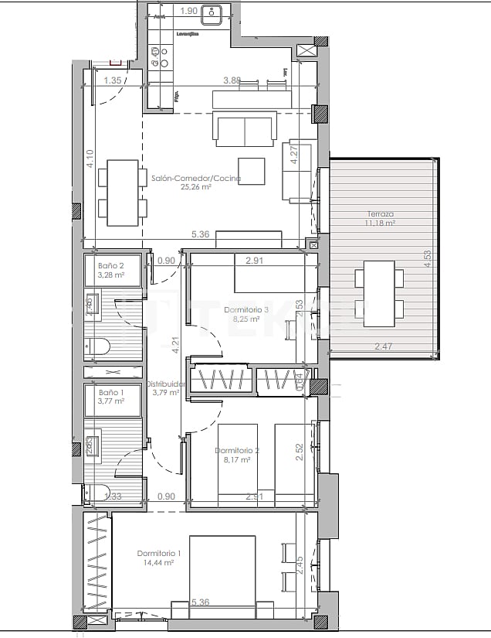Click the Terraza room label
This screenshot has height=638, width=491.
click(x=381, y=214)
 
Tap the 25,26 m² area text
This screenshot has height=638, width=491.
click(x=196, y=187)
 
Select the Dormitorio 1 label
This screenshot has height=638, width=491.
click(x=159, y=553)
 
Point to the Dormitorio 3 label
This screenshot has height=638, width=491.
click(x=246, y=309)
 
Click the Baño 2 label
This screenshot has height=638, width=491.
click(x=108, y=264)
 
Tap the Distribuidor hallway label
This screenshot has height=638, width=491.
click(x=166, y=384)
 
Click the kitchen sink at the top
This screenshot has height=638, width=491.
click(x=212, y=13)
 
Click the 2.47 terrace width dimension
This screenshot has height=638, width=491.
click(x=384, y=346)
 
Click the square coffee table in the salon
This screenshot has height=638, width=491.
click(x=251, y=169)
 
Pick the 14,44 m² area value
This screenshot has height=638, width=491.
click(x=159, y=563)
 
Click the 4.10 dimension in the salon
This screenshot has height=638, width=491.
click(x=90, y=159)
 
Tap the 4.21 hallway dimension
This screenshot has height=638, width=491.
click(x=176, y=345)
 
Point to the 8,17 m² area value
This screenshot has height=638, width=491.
click(x=237, y=459)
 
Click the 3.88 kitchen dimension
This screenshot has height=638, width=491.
click(x=232, y=80)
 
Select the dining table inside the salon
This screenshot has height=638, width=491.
click(x=122, y=192)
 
